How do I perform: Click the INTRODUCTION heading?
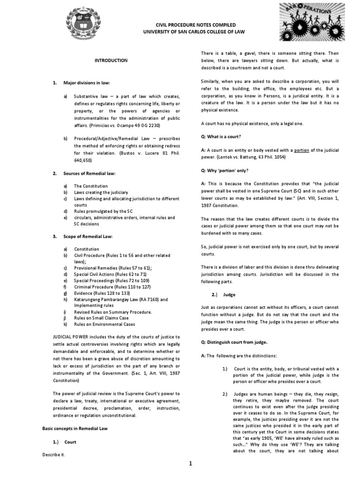coord(111,60)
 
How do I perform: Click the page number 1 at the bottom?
coord(191,464)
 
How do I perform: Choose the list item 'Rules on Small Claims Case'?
coord(101,318)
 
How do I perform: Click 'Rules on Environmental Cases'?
coord(105,324)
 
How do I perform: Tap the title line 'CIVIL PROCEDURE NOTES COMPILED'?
coord(190,25)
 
